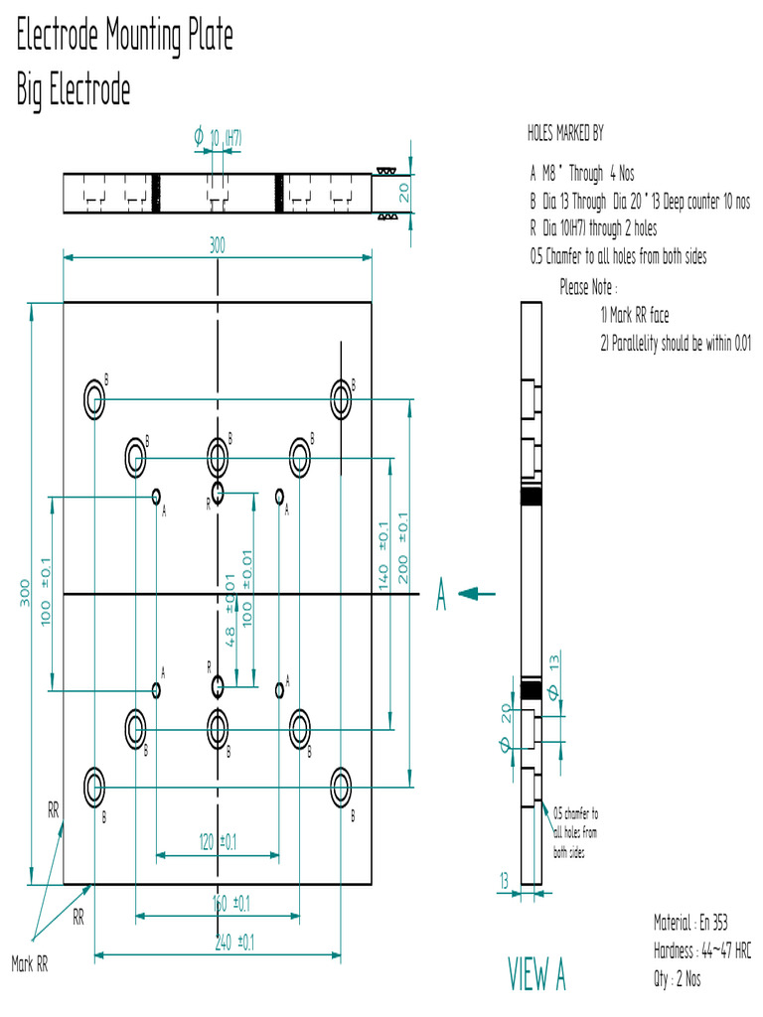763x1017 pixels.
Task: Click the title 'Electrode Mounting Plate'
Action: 124,37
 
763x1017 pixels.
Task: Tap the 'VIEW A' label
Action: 536,974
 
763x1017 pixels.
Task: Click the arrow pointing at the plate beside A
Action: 478,594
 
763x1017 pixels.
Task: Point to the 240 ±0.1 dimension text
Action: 234,943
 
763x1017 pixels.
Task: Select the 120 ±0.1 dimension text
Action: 218,842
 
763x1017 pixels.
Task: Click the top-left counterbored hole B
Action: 94,398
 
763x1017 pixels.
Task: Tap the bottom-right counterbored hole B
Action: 341,786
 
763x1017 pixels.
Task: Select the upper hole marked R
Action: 219,492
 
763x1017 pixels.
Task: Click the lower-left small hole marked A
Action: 156,688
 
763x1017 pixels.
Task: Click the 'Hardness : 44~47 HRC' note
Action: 701,950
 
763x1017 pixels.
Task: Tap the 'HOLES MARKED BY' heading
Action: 565,133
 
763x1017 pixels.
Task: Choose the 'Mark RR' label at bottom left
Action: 30,962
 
